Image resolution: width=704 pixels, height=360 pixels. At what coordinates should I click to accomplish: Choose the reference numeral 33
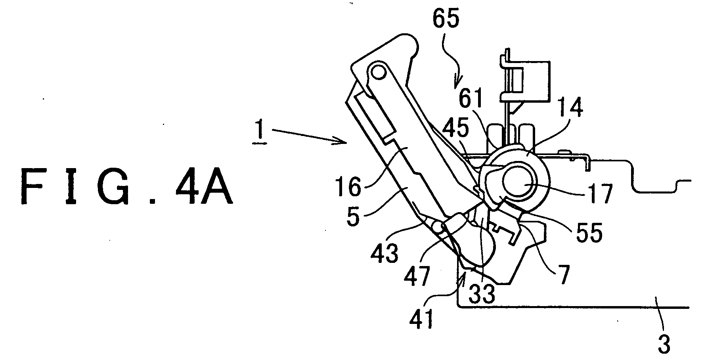pos(481,293)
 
